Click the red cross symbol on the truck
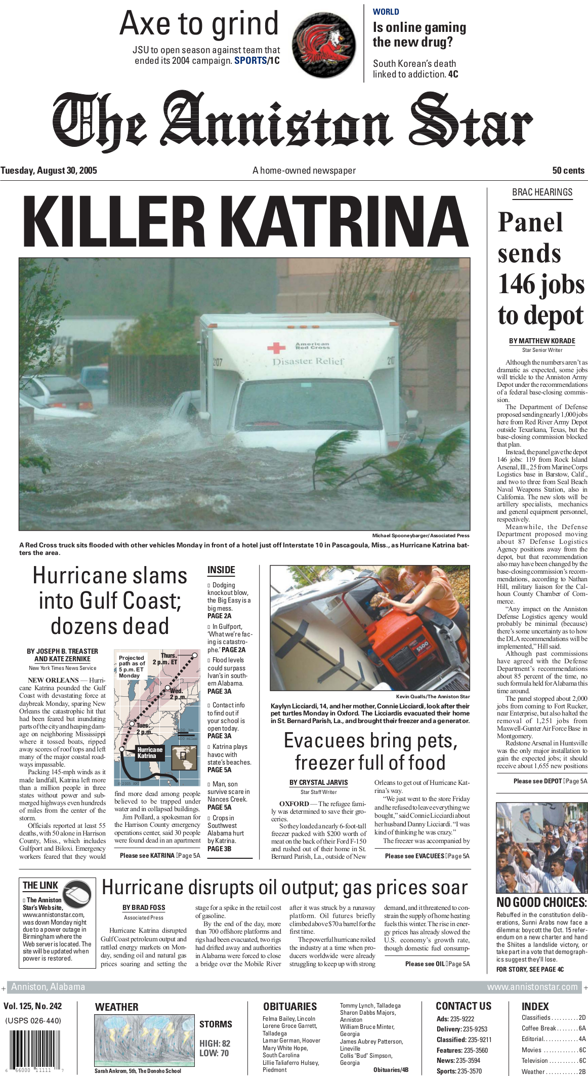(276, 347)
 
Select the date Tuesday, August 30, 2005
(49, 171)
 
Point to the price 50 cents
(568, 171)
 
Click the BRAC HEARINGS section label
(542, 192)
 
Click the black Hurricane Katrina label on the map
(149, 752)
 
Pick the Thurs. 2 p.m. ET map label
(167, 658)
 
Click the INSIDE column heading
(221, 570)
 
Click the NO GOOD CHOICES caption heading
(541, 902)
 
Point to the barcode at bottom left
(32, 1050)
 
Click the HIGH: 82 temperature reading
(215, 1043)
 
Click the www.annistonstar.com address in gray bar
(532, 987)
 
